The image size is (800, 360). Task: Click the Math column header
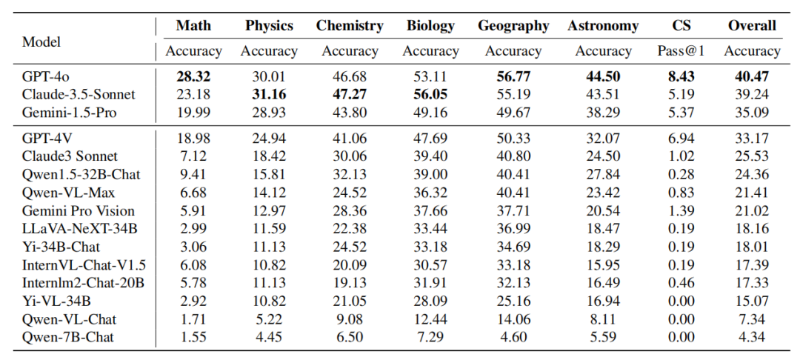tap(193, 26)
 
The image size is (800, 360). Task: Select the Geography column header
tap(513, 26)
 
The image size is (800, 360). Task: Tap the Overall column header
tap(752, 26)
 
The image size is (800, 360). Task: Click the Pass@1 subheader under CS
tap(681, 51)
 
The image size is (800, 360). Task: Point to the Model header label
tap(41, 41)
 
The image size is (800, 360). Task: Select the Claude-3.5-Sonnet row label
tap(79, 95)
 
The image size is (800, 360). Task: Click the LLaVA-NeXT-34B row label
tap(80, 229)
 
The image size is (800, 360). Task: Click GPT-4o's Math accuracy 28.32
tap(193, 77)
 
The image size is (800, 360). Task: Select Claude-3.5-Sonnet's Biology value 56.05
tap(430, 95)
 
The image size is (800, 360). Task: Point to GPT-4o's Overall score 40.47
tap(752, 77)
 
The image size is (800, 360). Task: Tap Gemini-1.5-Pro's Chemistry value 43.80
tap(350, 113)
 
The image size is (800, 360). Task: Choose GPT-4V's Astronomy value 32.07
tap(603, 139)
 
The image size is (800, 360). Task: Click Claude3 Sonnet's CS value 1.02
tap(681, 157)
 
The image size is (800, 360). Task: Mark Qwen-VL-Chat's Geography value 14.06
tap(513, 319)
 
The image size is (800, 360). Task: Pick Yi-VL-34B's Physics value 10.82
tap(269, 301)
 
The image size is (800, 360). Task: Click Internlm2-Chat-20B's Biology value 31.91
tap(430, 283)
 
